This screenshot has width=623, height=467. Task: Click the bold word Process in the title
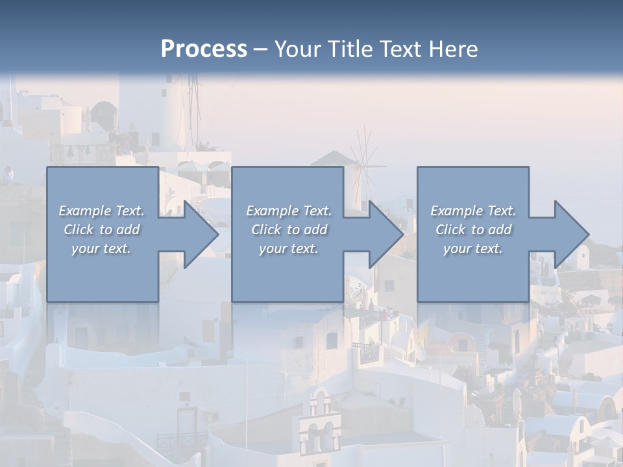[204, 49]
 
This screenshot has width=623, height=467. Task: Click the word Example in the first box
[85, 211]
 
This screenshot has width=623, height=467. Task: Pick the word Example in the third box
[457, 211]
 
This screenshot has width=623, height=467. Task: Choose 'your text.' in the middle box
[288, 248]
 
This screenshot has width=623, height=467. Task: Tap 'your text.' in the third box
[472, 248]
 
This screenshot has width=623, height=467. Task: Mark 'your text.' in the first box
[101, 248]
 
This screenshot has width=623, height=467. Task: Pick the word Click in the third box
[451, 230]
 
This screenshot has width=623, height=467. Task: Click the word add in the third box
[500, 230]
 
